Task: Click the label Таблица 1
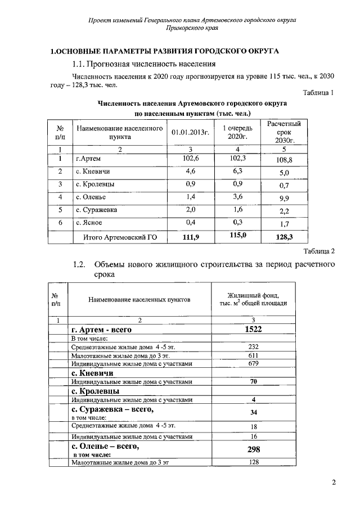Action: pos(318,93)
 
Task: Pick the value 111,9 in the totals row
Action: pos(191,237)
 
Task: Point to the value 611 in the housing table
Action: pos(253,356)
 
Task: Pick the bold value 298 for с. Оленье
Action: pos(254,449)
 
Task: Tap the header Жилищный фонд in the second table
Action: pos(253,296)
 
